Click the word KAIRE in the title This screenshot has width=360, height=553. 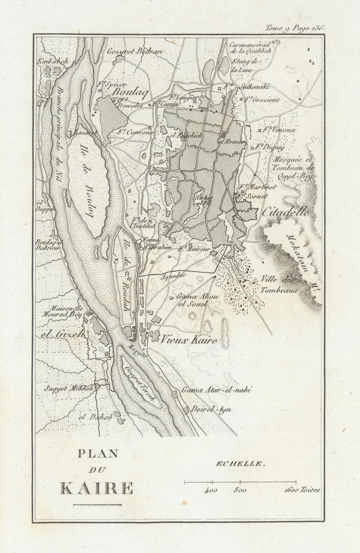coord(97,488)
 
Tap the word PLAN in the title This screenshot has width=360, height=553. coord(98,453)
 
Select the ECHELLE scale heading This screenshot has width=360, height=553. coord(239,464)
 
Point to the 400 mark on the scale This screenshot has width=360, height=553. coord(211,490)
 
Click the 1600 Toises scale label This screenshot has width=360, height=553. coord(302,490)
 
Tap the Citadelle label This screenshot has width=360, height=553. coord(285,212)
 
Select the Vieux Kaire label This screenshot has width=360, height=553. coord(189,340)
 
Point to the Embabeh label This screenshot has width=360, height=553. coord(52,61)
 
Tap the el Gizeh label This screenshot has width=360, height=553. coord(55,333)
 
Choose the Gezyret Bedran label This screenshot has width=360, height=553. coord(129,51)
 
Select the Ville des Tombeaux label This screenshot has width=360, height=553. coord(279,285)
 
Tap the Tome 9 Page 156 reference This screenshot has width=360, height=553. coord(295,29)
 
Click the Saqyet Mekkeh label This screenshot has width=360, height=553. coord(62,389)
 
